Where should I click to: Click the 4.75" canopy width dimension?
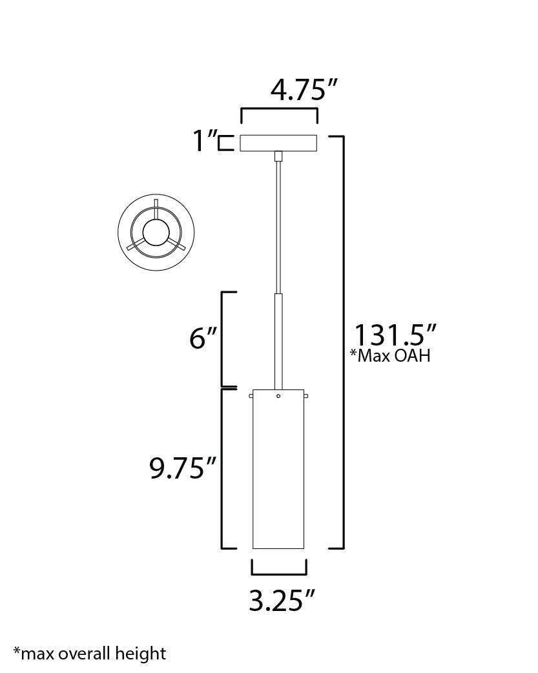[x=305, y=90]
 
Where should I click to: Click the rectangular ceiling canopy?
[x=278, y=143]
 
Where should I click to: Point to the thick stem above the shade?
[x=278, y=339]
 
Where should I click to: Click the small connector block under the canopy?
[x=278, y=156]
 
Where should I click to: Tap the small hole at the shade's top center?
[x=278, y=396]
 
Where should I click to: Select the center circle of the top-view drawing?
[x=156, y=232]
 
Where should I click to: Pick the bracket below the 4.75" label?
[x=279, y=110]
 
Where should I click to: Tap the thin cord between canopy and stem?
[x=278, y=226]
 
